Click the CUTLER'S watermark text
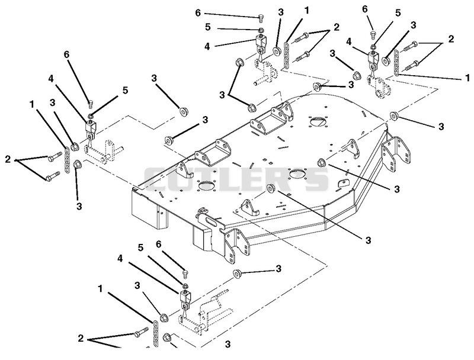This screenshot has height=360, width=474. point(236,179)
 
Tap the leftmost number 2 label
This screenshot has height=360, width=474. point(8,159)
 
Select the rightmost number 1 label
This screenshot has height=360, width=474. point(468,78)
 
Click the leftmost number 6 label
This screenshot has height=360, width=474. point(66,54)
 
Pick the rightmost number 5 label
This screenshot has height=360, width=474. point(398,12)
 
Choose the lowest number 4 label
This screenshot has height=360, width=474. point(120,259)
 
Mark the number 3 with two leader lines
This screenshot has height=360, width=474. point(223,95)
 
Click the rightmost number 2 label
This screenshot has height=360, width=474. point(451,39)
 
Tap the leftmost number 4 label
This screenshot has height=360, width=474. point(51,79)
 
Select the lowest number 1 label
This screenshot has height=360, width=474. point(100,289)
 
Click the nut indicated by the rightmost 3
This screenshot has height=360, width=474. point(393,115)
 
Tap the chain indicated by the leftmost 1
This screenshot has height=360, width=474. point(67,160)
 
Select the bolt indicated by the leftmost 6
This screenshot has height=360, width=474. point(90,104)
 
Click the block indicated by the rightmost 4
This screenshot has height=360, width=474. point(373,59)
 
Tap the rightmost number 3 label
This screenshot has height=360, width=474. point(441,127)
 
